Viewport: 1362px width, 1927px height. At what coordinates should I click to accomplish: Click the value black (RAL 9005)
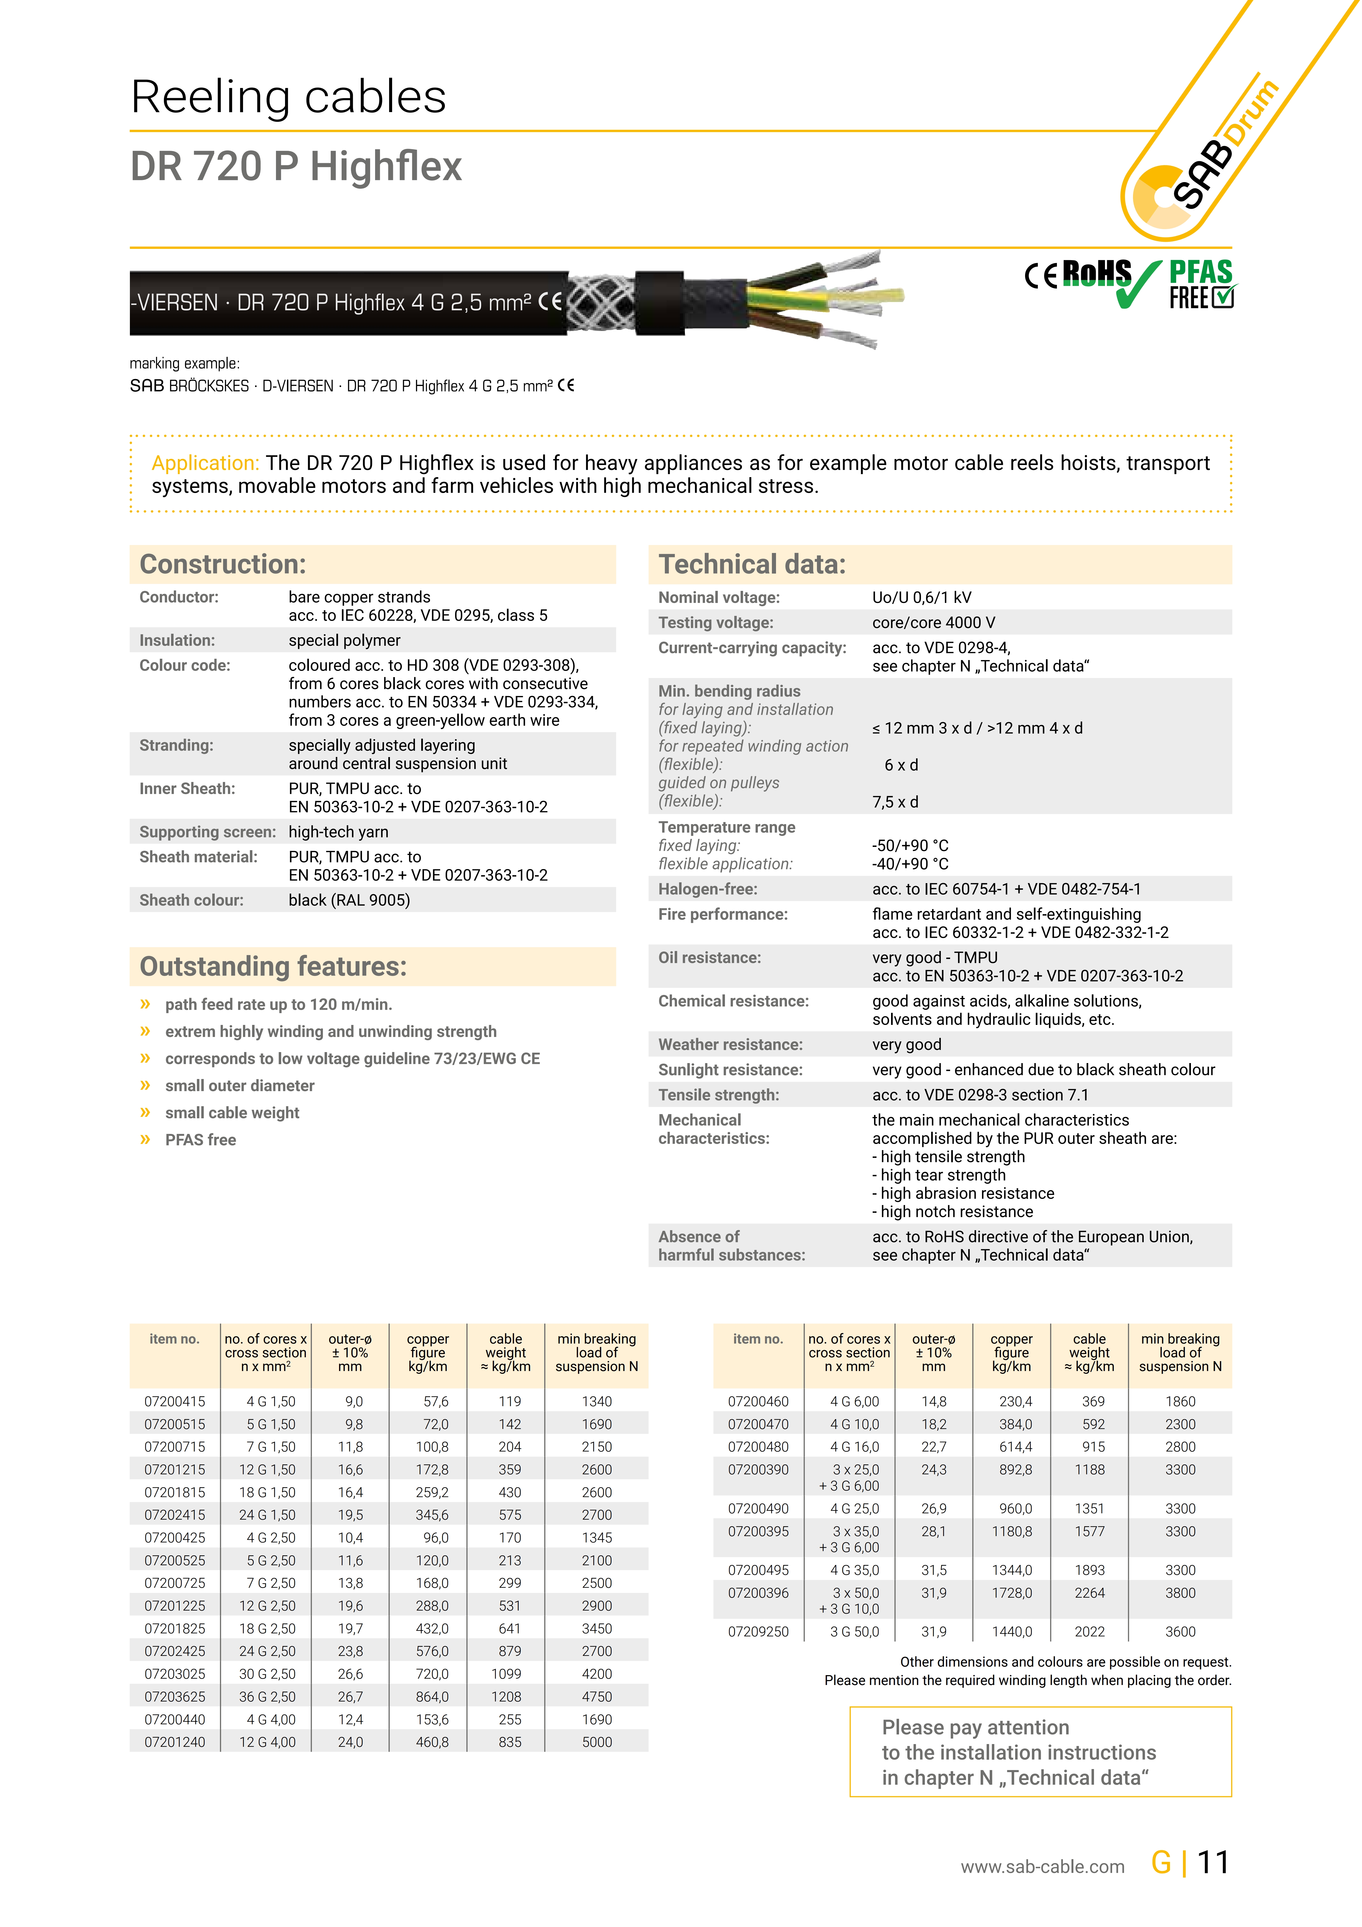[x=349, y=900]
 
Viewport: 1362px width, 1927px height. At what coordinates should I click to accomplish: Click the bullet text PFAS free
[x=200, y=1140]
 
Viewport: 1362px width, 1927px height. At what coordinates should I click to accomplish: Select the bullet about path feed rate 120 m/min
[x=279, y=1005]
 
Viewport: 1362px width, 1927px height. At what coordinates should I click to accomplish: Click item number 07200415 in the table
[x=175, y=1402]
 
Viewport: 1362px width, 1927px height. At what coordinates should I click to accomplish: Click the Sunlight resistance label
[x=730, y=1070]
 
